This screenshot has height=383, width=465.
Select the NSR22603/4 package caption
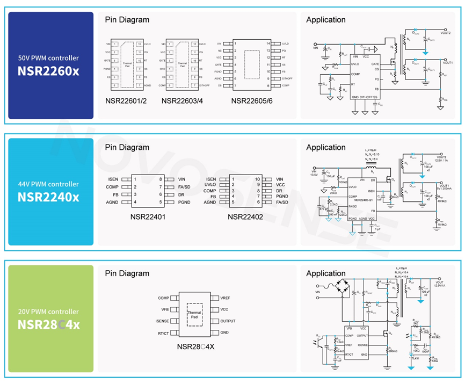coord(183,100)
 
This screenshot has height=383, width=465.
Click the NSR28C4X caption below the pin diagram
coord(195,346)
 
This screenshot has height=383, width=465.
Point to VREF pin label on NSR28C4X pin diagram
coord(226,298)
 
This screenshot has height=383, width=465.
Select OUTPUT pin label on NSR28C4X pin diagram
coord(228,321)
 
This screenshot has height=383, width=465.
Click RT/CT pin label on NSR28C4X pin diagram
coord(163,333)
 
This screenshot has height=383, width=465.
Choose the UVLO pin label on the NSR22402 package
coord(210,185)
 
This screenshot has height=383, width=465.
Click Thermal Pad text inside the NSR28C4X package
coord(194,315)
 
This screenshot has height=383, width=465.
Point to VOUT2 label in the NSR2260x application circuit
coord(445,33)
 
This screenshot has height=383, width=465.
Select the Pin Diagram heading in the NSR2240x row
coord(127,147)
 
